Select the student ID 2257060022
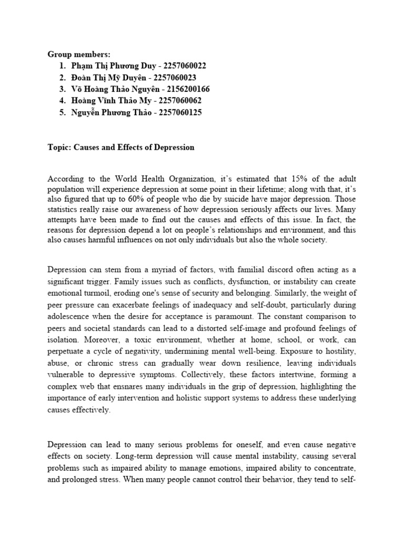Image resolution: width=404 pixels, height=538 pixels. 185,66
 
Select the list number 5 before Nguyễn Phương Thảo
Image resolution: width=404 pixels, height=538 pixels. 63,112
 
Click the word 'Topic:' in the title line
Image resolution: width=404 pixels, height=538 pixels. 58,147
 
